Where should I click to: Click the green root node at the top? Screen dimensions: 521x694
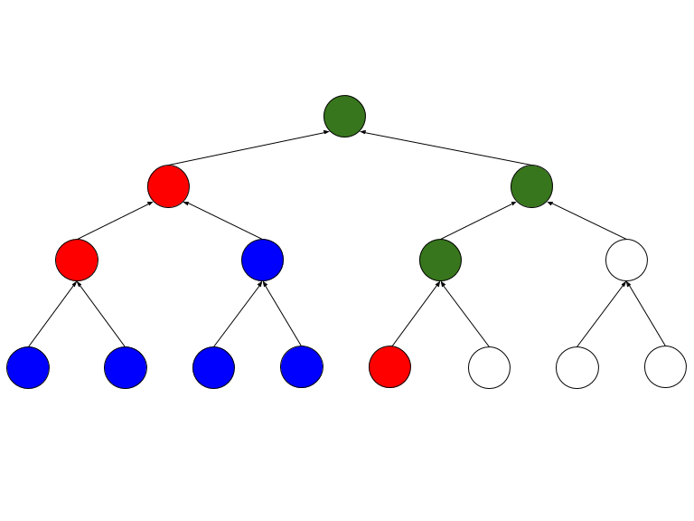[x=344, y=116]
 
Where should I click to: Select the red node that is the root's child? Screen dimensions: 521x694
[x=168, y=187]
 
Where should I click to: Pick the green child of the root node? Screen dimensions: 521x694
[x=531, y=187]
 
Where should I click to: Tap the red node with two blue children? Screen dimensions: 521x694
[x=77, y=260]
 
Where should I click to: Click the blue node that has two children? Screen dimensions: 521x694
[x=262, y=260]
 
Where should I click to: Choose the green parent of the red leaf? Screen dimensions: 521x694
[x=440, y=260]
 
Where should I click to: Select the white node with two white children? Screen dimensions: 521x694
[x=626, y=260]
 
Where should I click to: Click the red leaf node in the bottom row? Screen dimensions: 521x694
[x=389, y=367]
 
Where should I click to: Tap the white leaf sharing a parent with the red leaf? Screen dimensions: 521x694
[x=489, y=367]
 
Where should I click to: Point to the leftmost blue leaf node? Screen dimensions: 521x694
[x=28, y=367]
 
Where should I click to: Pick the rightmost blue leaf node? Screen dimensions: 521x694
[x=302, y=367]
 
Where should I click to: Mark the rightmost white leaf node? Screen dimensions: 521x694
[x=665, y=367]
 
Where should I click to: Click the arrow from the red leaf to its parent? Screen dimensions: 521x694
[x=415, y=314]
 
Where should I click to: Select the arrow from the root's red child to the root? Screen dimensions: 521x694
[x=248, y=149]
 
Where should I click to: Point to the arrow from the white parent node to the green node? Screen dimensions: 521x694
[x=578, y=223]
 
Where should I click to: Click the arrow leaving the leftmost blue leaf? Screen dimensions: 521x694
[x=52, y=314]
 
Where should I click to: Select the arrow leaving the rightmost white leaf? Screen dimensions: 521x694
[x=646, y=314]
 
